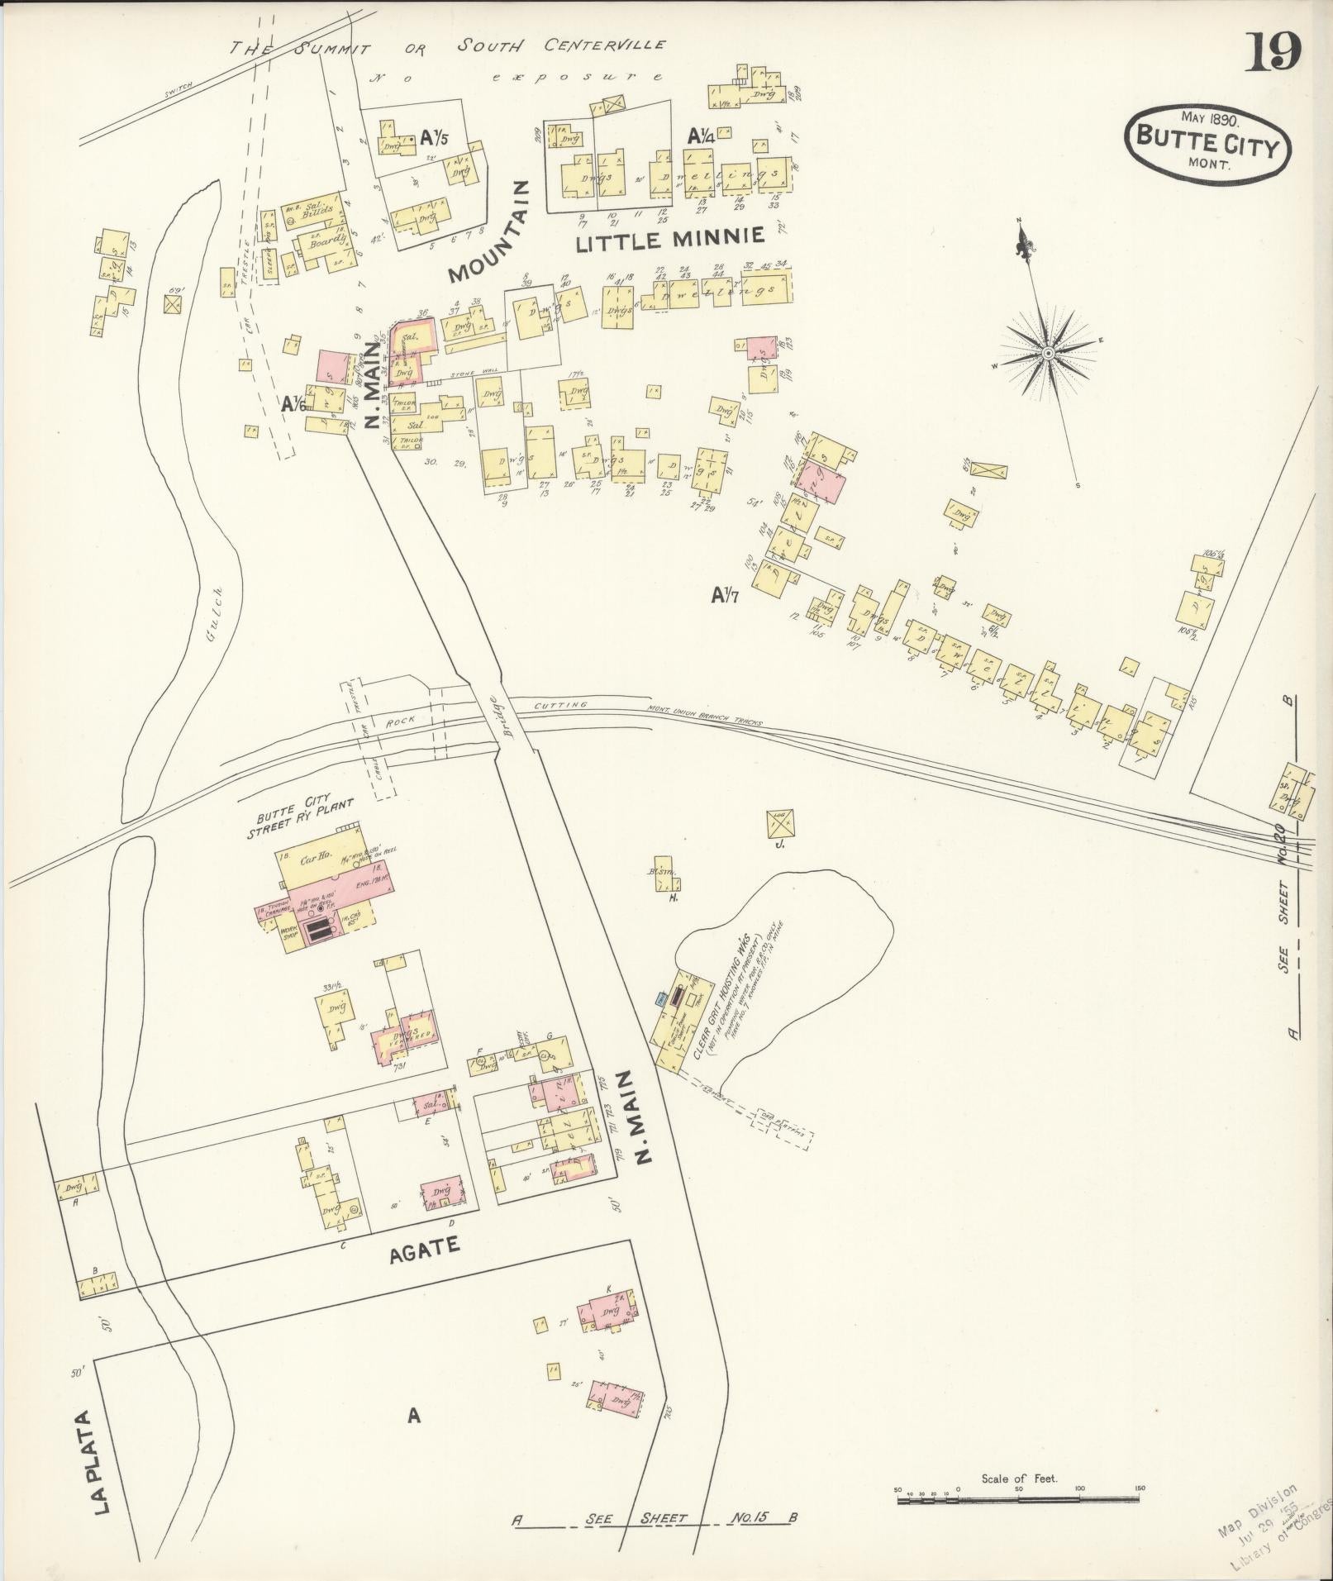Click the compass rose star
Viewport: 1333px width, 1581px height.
pyautogui.click(x=1047, y=354)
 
